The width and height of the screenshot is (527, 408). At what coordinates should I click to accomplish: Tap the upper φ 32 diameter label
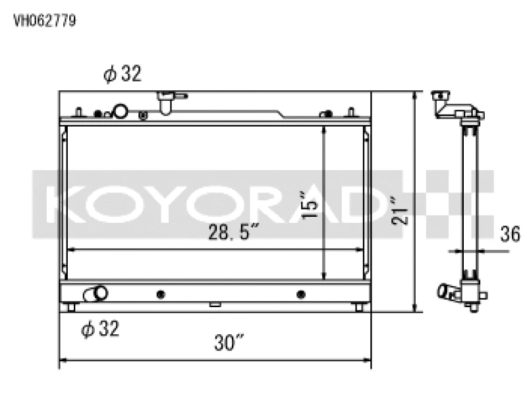coord(123,74)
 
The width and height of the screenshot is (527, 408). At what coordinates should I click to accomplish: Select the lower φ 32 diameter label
coord(100,329)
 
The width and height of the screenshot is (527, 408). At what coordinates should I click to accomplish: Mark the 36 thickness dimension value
coord(510,233)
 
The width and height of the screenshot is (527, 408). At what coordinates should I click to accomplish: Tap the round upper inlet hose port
coord(121,111)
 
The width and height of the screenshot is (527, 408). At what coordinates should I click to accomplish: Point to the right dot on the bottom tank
coord(301,294)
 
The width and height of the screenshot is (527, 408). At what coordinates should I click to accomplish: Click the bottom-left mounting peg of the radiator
coord(71,307)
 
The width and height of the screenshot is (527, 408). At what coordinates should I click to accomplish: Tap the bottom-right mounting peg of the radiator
coord(358,307)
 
